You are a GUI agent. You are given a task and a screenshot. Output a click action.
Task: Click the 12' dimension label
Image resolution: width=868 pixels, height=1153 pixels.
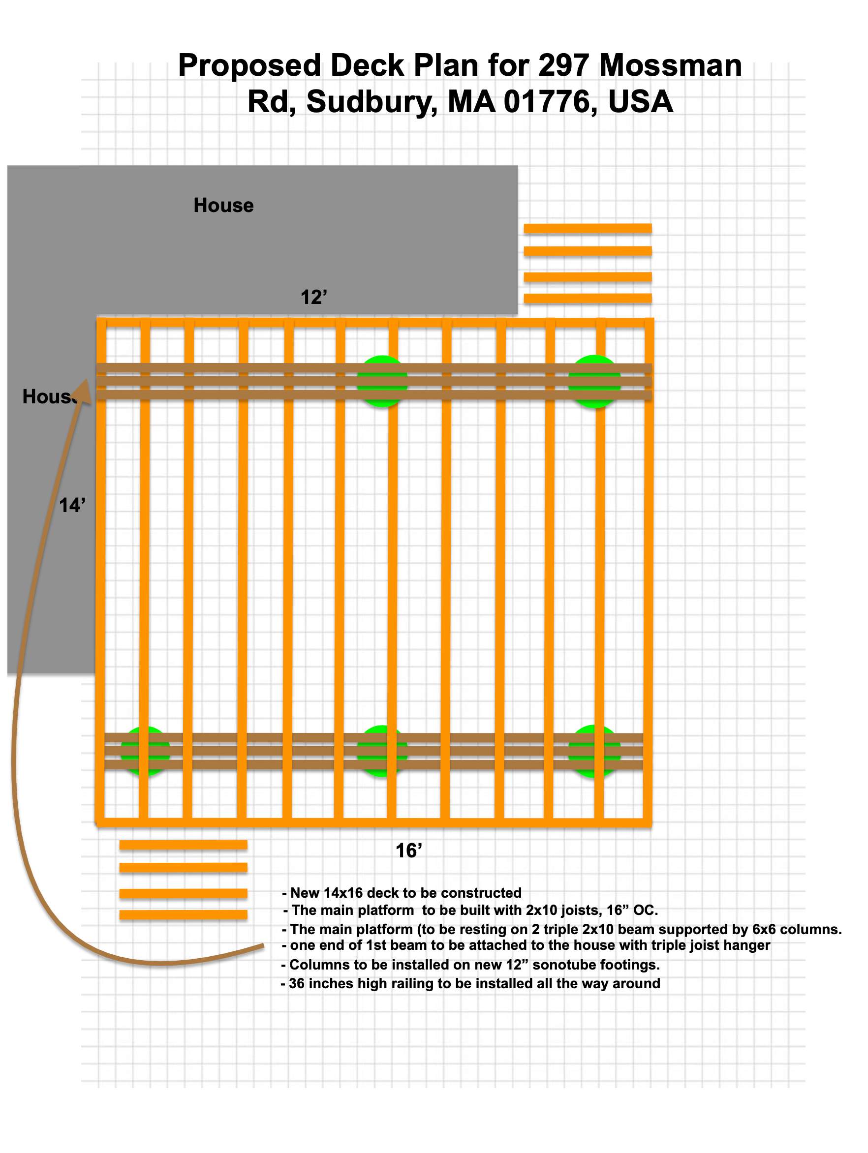pyautogui.click(x=313, y=298)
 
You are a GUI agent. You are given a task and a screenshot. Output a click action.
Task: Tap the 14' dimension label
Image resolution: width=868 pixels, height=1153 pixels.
pyautogui.click(x=71, y=505)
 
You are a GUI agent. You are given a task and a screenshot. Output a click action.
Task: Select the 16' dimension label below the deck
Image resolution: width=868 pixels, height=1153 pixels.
pyautogui.click(x=408, y=850)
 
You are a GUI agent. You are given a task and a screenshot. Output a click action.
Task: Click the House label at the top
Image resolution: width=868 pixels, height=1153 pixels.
pyautogui.click(x=224, y=206)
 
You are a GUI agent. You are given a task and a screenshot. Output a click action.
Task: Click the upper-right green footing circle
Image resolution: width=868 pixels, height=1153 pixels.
pyautogui.click(x=594, y=381)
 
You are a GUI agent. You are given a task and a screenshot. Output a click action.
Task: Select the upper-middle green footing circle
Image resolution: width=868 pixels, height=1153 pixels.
pyautogui.click(x=382, y=381)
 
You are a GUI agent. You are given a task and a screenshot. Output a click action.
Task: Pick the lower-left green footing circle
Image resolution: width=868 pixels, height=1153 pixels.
pyautogui.click(x=145, y=751)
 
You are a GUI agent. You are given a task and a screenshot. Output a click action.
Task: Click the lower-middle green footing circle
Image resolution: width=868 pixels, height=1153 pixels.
pyautogui.click(x=382, y=751)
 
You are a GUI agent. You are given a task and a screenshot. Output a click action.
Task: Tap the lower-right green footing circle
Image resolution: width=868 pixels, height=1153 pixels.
pyautogui.click(x=594, y=751)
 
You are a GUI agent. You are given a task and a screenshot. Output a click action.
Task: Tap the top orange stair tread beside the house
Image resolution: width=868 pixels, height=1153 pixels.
pyautogui.click(x=588, y=228)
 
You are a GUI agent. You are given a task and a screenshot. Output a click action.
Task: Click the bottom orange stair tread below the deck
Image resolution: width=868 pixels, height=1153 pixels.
pyautogui.click(x=183, y=915)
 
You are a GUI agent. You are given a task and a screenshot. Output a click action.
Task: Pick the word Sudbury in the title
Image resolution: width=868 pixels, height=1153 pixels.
pyautogui.click(x=371, y=102)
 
